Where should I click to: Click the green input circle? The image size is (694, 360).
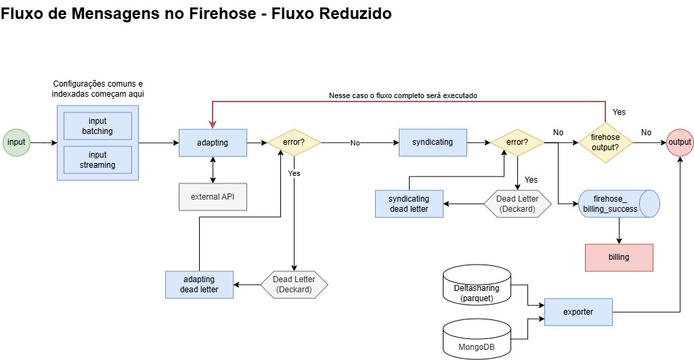16,142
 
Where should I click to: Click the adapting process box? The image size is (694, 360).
213,143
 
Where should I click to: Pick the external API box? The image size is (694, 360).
213,197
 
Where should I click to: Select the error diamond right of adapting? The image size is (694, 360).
294,143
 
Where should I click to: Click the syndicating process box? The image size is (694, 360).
433,143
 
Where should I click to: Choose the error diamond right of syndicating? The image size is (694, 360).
517,143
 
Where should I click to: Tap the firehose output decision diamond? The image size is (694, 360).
605,143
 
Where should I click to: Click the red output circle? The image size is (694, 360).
679,142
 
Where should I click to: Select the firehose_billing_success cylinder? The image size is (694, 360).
618,204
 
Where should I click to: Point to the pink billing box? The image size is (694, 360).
619,257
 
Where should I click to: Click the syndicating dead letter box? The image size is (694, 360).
409,204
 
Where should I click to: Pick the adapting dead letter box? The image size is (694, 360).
199,284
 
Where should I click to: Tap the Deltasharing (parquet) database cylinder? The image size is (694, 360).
476,287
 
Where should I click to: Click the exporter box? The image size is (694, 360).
578,312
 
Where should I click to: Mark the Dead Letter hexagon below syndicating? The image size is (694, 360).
517,204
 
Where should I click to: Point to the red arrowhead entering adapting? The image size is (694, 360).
213,124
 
